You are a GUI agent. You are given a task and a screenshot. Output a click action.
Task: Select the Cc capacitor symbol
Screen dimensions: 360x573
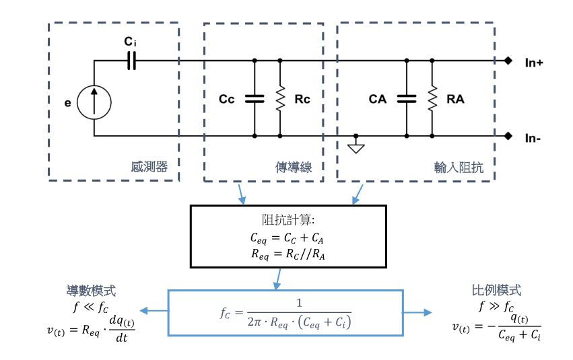(255, 99)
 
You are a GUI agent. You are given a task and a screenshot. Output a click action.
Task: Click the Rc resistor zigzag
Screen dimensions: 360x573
(280, 99)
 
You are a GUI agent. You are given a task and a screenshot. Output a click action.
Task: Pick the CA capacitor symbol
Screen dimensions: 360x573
(406, 99)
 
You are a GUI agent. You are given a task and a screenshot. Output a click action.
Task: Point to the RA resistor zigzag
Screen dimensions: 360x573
(432, 99)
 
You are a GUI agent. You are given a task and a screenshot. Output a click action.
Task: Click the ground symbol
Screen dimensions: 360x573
(356, 146)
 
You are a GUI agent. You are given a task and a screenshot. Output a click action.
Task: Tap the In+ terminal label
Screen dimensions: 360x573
(534, 62)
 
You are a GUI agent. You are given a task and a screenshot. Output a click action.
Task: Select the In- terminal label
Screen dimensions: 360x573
(533, 137)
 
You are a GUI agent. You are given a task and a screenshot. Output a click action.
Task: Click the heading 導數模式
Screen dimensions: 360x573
(91, 291)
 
